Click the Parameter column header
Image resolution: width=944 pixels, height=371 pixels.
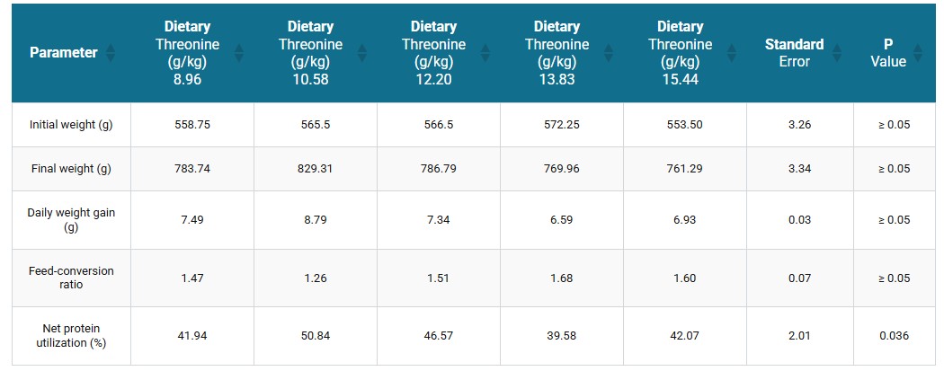click(63, 52)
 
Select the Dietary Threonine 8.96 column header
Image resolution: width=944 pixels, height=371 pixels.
click(187, 52)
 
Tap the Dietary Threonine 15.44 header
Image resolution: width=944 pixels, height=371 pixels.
click(680, 52)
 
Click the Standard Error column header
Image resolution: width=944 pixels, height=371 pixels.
click(794, 52)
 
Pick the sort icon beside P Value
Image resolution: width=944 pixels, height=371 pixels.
click(917, 52)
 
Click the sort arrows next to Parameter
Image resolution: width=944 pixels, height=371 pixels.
click(111, 52)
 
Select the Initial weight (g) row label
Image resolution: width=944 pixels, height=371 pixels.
click(71, 125)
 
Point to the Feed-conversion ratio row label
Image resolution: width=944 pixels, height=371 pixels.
click(71, 278)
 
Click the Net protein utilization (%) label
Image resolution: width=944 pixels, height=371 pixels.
click(71, 336)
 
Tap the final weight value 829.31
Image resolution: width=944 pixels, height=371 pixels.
click(315, 169)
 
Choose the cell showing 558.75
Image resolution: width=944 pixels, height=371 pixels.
click(192, 125)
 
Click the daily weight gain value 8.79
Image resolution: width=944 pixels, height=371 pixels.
click(315, 220)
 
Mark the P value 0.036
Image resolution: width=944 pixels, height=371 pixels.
click(894, 336)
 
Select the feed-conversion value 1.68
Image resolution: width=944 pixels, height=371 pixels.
click(561, 278)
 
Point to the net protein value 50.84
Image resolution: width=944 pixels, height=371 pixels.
click(315, 336)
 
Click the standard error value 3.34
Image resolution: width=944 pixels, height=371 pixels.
click(799, 169)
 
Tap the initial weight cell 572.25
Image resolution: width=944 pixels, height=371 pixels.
click(561, 125)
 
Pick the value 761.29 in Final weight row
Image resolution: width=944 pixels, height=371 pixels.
click(684, 169)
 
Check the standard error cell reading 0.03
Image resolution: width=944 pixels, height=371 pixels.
click(799, 220)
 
